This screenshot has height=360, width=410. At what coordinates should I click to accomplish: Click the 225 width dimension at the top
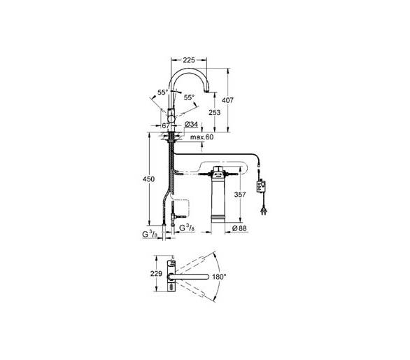pos(189,60)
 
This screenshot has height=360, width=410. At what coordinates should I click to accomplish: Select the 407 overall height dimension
pos(227,100)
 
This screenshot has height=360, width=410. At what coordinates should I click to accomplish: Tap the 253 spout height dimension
pos(214,112)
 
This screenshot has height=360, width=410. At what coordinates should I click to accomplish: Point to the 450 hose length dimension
pos(148,179)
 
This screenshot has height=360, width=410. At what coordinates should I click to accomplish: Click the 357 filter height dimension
pos(240,194)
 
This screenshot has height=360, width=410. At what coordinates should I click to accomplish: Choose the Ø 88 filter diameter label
pos(239,228)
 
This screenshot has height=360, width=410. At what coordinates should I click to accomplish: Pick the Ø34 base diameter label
pos(191,124)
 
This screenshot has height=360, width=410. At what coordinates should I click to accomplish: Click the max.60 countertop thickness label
pos(202,137)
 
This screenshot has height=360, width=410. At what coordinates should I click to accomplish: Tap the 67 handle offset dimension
pos(166,125)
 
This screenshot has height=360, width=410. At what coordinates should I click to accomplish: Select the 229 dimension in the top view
pos(156,274)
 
